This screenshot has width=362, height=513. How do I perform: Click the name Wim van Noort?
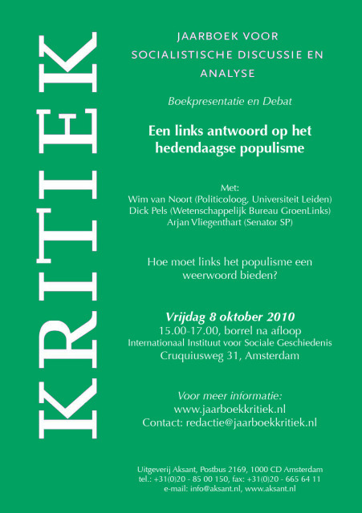[x=155, y=198]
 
